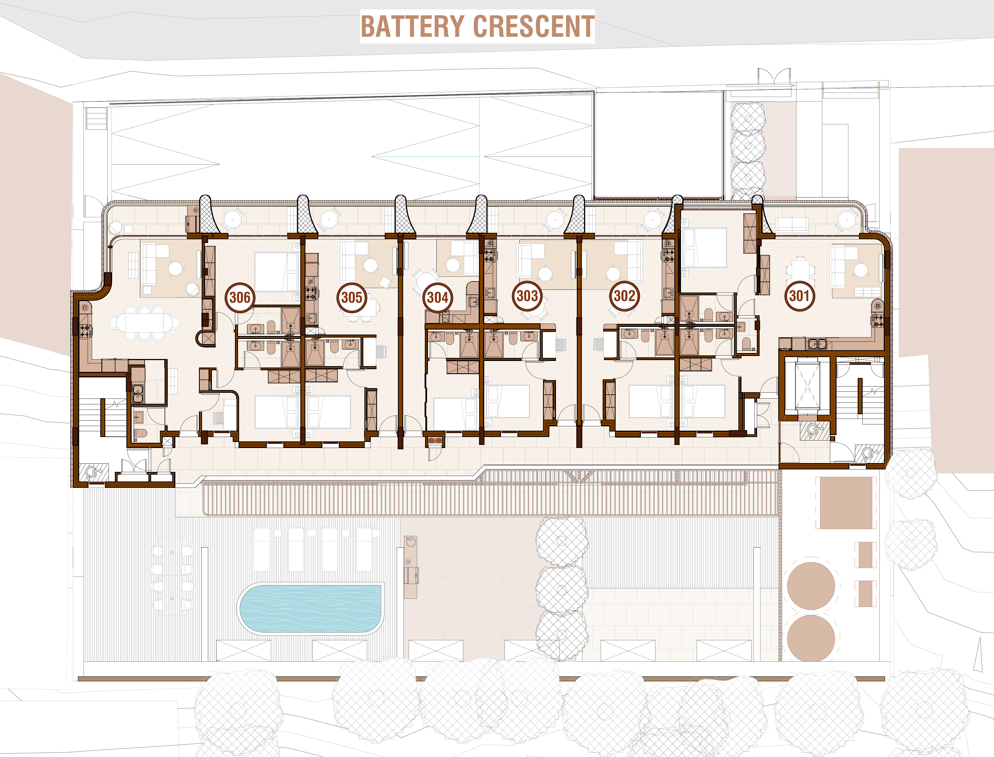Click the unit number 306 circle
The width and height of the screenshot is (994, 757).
tap(240, 297)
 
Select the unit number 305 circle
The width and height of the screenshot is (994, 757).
tap(351, 297)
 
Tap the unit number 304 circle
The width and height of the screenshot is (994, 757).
tap(437, 297)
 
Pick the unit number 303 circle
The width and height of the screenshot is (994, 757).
tap(527, 296)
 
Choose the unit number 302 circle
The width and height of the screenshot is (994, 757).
tap(624, 296)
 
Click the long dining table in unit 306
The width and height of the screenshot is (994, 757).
tap(144, 323)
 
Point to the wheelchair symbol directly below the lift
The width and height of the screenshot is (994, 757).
tap(814, 431)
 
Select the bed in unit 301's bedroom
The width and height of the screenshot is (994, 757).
tap(704, 247)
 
